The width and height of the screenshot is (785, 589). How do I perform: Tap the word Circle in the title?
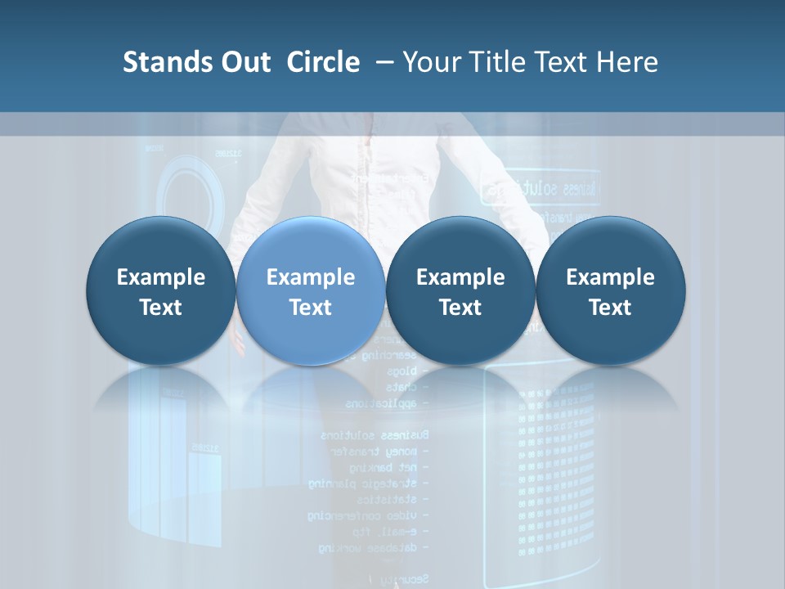323,62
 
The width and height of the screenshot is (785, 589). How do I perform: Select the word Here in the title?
627,62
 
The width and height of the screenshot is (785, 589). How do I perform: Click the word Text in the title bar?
563,62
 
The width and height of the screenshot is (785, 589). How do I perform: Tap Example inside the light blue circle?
311,277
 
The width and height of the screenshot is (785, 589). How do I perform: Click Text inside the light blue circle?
311,308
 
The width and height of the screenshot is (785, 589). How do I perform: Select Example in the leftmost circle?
161,277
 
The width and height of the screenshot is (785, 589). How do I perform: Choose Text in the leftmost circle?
161,308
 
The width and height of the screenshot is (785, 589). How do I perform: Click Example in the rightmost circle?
610,277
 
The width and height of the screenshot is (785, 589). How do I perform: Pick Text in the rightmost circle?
610,308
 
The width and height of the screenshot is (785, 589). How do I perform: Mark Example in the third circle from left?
460,277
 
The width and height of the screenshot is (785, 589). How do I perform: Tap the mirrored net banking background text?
384,467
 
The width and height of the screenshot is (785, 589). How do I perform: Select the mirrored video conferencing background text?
364,515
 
